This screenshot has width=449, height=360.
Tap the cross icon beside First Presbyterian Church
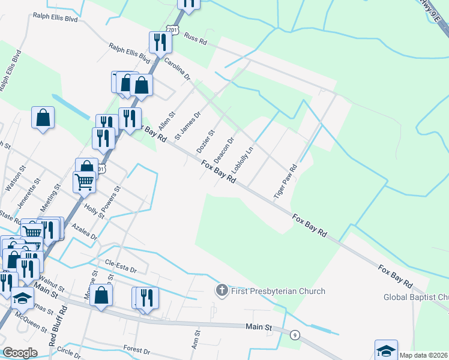(221, 291)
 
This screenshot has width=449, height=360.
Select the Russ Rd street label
(195, 40)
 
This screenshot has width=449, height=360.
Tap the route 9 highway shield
(295, 335)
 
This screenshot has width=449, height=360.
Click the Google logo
(20, 353)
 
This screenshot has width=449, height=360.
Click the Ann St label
(196, 342)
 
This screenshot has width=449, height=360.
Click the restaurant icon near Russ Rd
(160, 42)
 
